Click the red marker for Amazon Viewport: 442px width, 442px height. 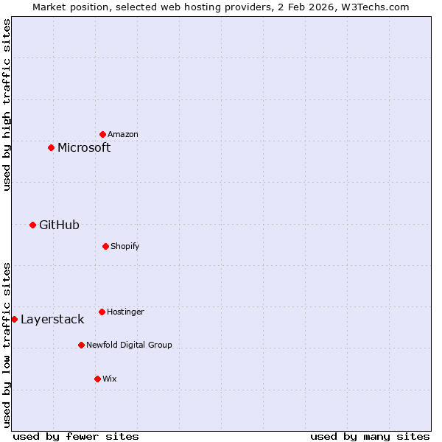[102, 134]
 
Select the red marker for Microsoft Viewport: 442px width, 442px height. [51, 147]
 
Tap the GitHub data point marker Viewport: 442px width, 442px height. [32, 225]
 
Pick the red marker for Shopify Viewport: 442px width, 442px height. [105, 246]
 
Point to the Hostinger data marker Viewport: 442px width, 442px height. [102, 312]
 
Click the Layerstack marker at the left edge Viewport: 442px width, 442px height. [14, 319]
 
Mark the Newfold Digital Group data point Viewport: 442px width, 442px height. [81, 345]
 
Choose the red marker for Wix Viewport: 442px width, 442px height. [97, 379]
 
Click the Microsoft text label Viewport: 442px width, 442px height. [84, 147]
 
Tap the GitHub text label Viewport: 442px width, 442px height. [59, 225]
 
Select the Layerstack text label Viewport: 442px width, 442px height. [52, 319]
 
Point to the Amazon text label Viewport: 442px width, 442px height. [123, 134]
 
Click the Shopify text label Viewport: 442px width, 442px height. [125, 246]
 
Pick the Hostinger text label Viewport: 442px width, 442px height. [125, 312]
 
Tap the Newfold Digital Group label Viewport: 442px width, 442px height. [129, 345]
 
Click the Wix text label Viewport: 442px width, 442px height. [109, 379]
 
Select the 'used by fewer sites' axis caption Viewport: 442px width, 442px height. [76, 436]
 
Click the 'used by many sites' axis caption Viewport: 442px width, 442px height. [370, 436]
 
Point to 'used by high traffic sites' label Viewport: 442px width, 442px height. [7, 105]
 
